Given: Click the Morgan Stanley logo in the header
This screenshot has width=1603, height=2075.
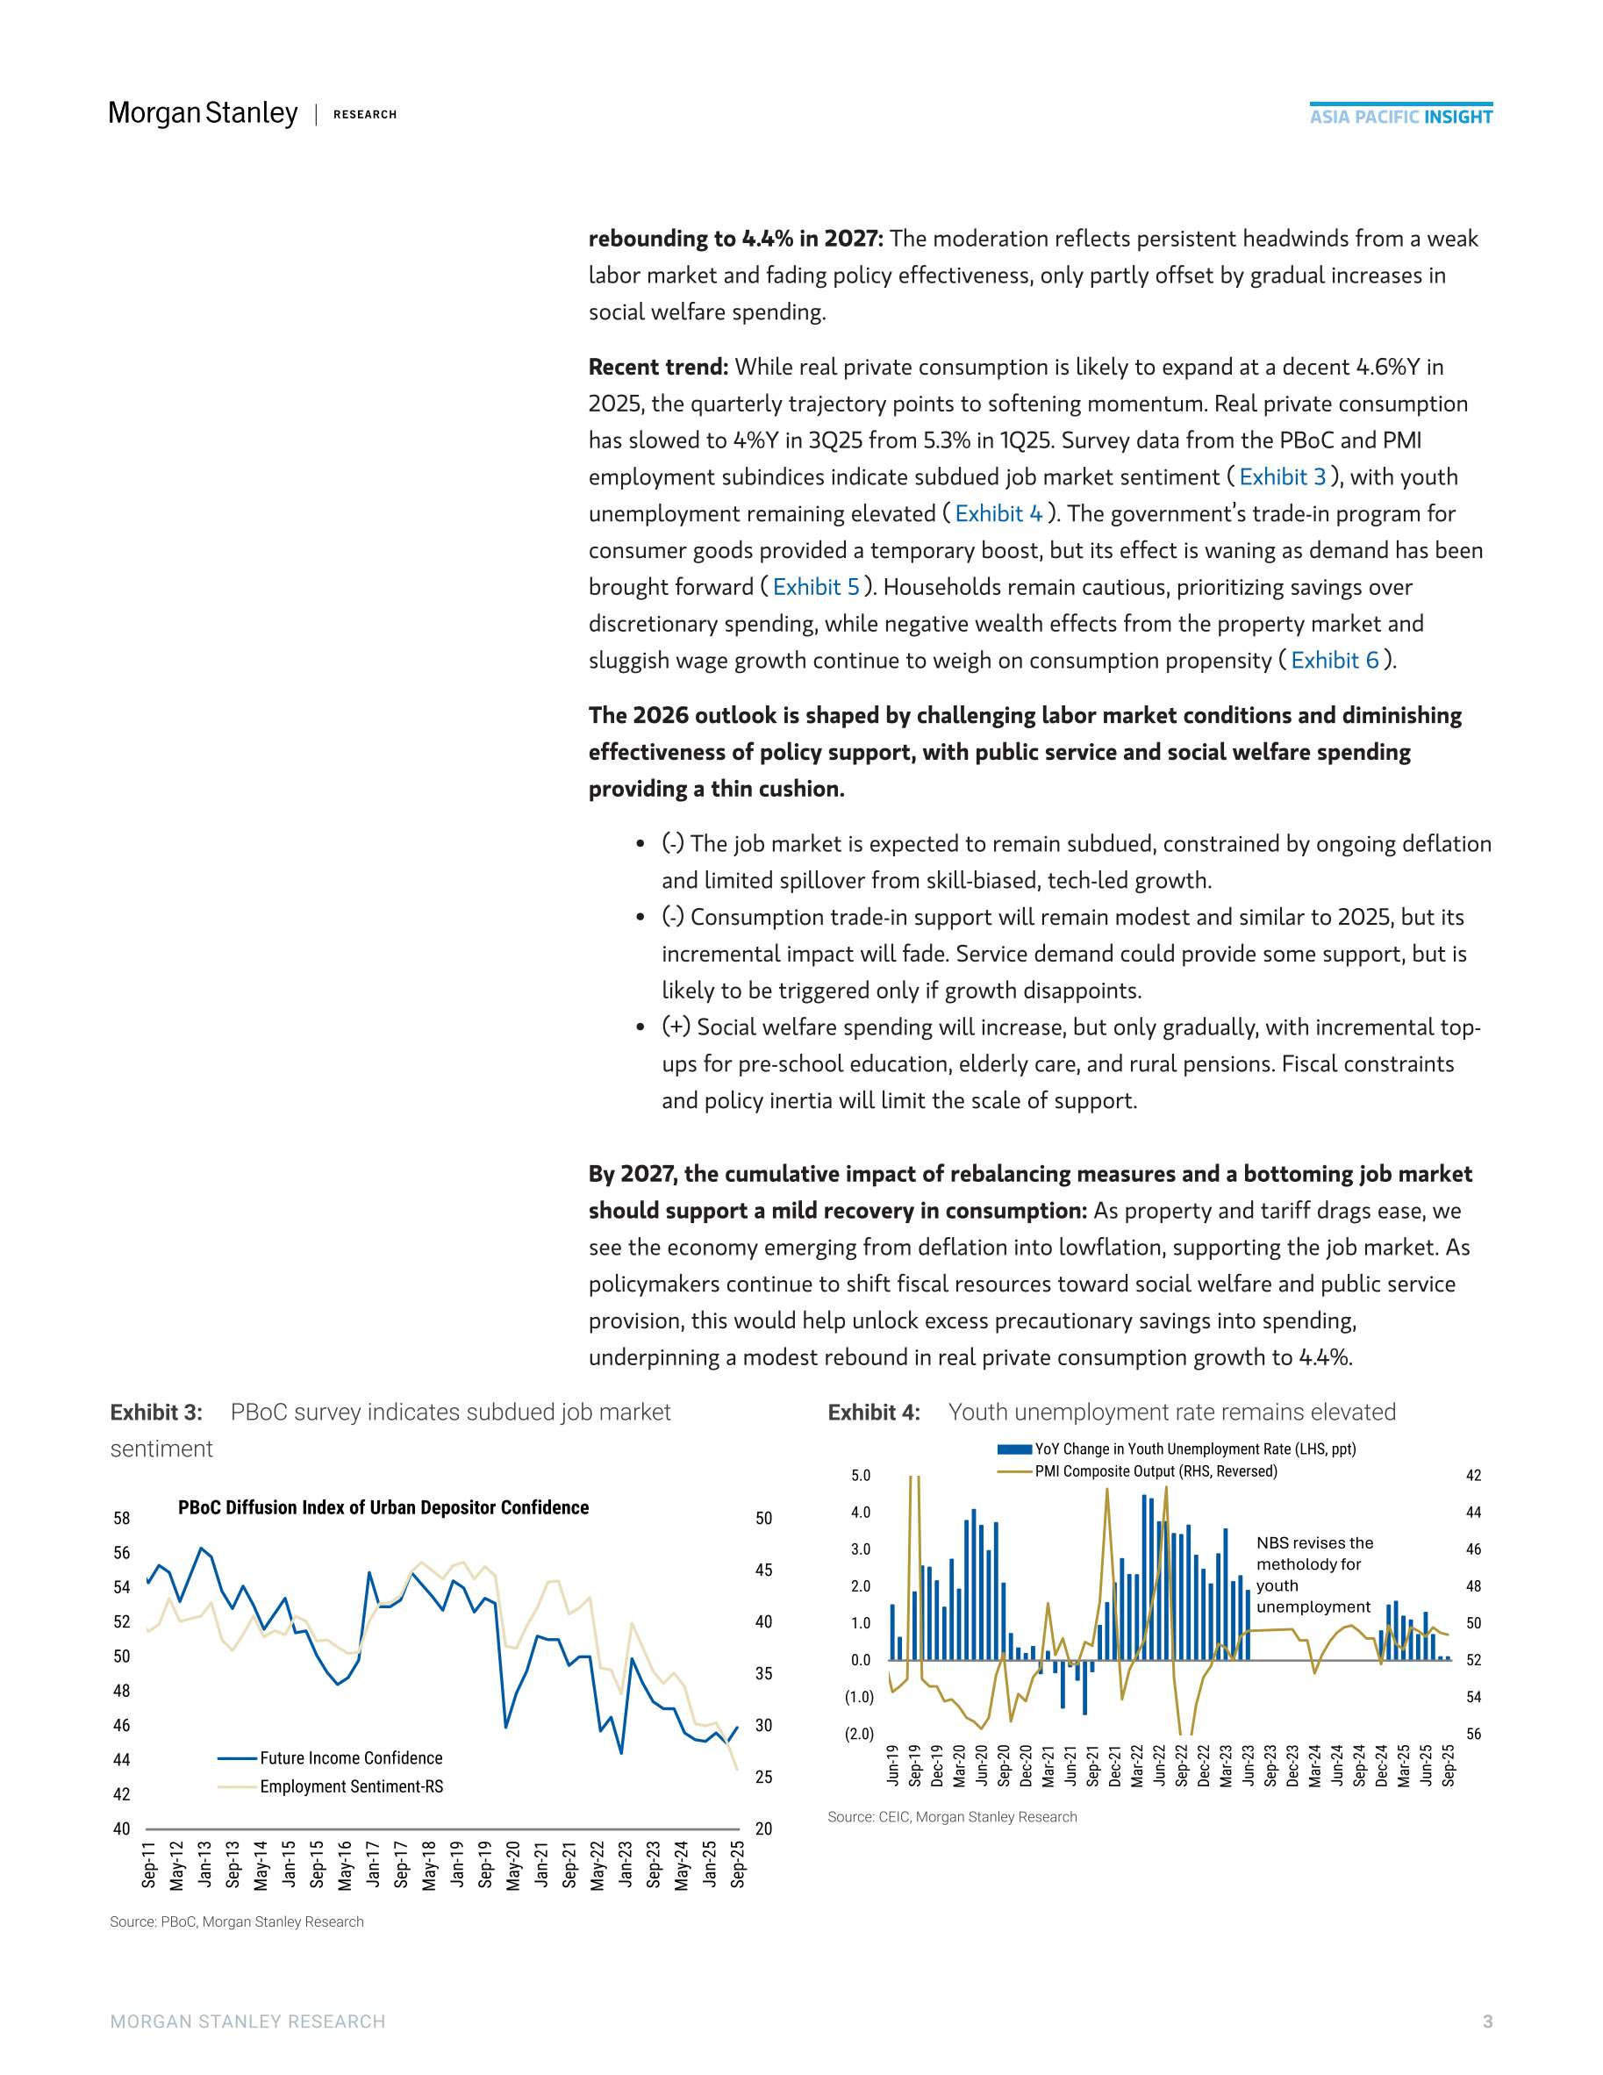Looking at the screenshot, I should click(204, 113).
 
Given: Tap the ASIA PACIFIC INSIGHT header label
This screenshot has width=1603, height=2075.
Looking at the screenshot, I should click(1400, 117).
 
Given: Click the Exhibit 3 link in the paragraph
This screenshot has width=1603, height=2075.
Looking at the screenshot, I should click(1282, 477).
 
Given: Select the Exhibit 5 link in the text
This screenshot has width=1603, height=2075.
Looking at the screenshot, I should click(815, 587).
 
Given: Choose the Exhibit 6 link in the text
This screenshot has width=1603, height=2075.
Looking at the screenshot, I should click(1335, 661).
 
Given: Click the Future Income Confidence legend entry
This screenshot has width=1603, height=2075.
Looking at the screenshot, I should click(351, 1758).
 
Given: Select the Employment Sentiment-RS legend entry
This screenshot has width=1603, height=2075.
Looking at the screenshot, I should click(351, 1787).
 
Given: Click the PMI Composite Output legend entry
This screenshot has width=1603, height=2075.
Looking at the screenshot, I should click(1156, 1471).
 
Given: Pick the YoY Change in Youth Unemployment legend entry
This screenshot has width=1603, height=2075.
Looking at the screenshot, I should click(1194, 1449).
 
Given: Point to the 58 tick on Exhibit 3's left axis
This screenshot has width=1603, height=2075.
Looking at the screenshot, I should click(122, 1518).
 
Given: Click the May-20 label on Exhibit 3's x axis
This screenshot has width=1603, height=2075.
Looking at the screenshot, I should click(513, 1865).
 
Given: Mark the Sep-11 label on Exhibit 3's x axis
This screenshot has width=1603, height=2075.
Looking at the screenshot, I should click(149, 1864).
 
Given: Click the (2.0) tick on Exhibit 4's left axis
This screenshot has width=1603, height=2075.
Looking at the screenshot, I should click(859, 1734).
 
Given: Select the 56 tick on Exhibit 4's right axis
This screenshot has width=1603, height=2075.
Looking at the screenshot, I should click(1473, 1734).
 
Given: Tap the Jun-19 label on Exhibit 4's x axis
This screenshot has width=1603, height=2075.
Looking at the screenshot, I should click(892, 1764).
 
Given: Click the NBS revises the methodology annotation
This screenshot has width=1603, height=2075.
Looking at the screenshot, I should click(1314, 1574).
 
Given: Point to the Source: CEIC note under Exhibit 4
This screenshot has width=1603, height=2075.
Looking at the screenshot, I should click(951, 1816).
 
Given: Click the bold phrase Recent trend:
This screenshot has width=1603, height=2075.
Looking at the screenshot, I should click(657, 367).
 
